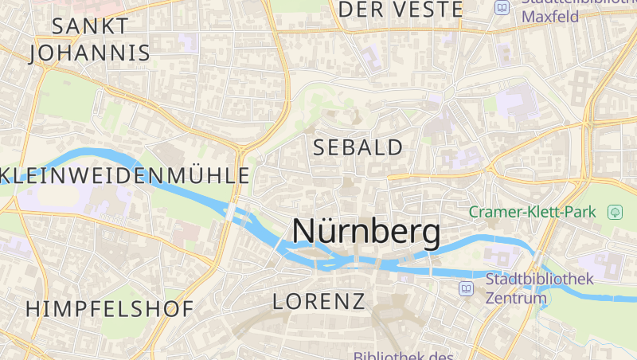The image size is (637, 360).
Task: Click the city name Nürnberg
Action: (365, 232)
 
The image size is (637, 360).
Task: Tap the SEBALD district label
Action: (358, 147)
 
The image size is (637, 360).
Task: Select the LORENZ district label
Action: (318, 301)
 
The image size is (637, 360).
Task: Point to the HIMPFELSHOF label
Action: (109, 309)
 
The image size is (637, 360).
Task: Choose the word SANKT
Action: (89, 25)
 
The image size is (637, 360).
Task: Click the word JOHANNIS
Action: (89, 53)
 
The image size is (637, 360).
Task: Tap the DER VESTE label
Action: (401, 10)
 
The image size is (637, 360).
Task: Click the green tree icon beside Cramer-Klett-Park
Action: (615, 212)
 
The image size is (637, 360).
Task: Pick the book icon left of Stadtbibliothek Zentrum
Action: (467, 288)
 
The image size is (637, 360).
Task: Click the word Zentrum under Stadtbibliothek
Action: (516, 299)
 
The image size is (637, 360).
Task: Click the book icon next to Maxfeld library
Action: (502, 7)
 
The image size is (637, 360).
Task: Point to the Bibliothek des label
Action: (403, 356)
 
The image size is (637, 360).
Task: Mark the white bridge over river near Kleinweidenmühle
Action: (230, 213)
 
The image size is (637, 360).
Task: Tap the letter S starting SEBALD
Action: (320, 147)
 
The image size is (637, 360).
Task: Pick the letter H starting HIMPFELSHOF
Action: (33, 309)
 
